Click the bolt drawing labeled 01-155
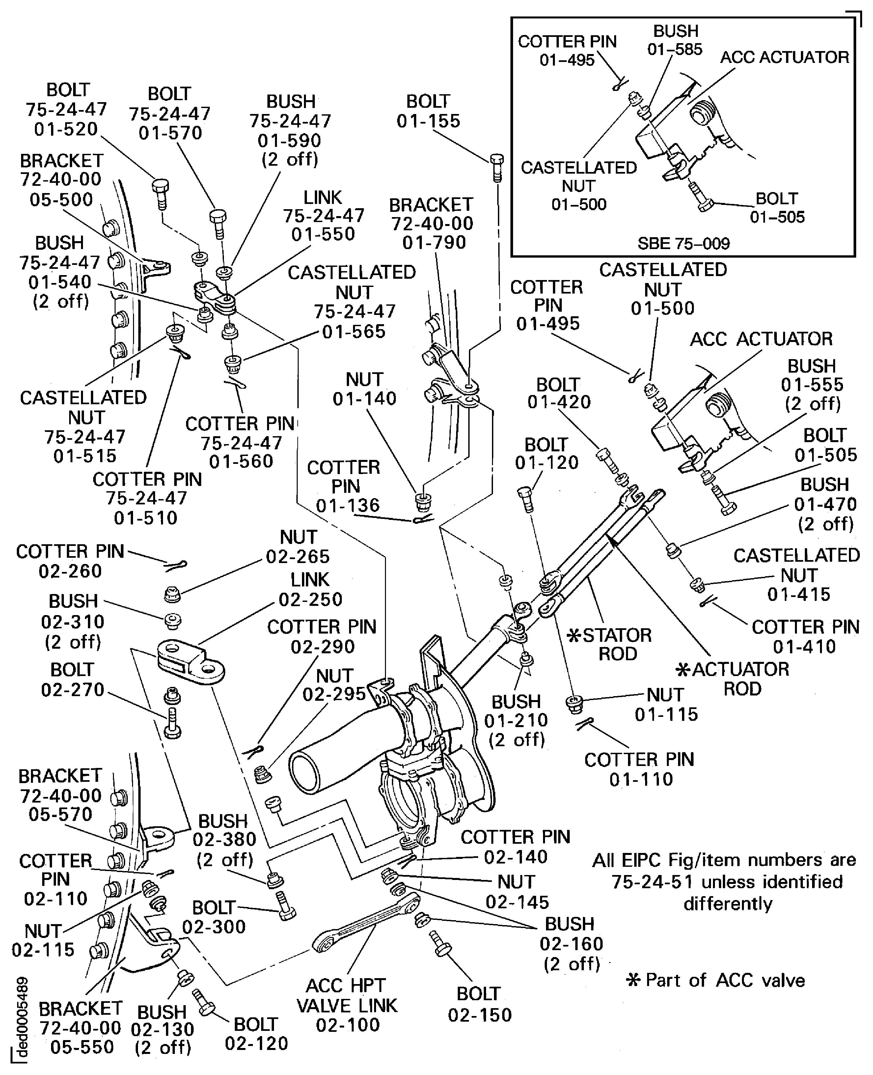coord(496,167)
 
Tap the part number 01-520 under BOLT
coord(66,129)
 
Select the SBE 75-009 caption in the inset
coord(683,243)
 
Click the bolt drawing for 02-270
coord(173,723)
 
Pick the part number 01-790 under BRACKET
coord(434,242)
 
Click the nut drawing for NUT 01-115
coord(574,703)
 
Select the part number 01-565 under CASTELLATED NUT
coord(354,331)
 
